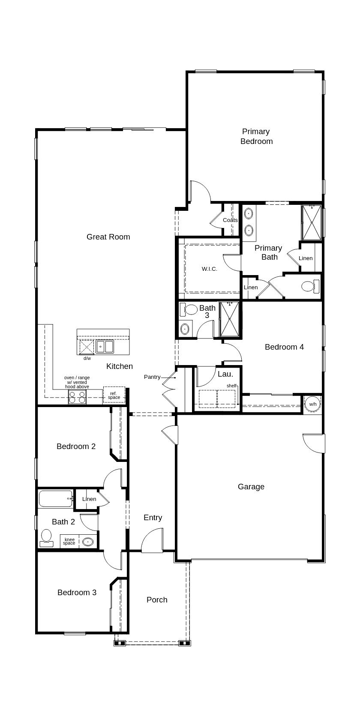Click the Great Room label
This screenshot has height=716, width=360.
(x=108, y=237)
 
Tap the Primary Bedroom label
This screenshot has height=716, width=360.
(x=256, y=136)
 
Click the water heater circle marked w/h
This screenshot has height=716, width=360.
(x=312, y=404)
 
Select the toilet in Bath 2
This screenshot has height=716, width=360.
(x=46, y=538)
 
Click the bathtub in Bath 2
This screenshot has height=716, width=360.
(x=56, y=499)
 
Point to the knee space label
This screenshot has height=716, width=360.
(x=69, y=541)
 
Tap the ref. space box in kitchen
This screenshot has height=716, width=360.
(x=114, y=395)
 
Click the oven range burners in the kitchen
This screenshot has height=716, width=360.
(x=77, y=398)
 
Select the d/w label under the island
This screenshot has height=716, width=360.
(x=87, y=358)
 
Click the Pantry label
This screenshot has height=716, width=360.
(x=152, y=377)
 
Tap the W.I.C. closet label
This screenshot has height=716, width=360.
(x=210, y=269)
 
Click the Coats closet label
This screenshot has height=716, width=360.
(x=230, y=220)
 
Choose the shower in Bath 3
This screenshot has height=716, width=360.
(x=229, y=319)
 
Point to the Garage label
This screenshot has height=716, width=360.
(x=251, y=486)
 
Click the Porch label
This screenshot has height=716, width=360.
(x=157, y=599)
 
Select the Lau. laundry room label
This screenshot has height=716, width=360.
(x=225, y=374)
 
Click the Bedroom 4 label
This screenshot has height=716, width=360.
(x=284, y=347)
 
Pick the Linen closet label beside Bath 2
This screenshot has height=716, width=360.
(x=89, y=499)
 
